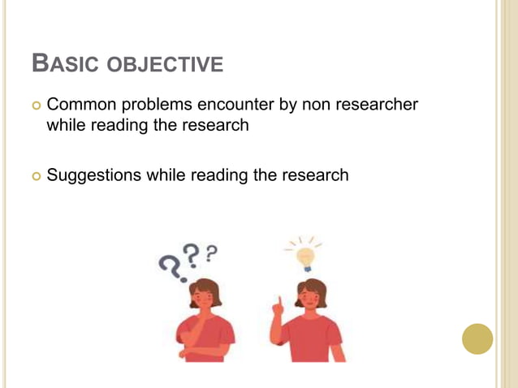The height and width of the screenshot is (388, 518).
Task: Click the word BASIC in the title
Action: [56, 63]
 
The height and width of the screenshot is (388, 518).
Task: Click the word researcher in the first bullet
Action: [377, 104]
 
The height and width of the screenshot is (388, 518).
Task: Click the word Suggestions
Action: [93, 175]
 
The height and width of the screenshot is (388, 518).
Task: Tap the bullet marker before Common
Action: [34, 105]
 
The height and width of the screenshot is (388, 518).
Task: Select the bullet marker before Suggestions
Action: [34, 175]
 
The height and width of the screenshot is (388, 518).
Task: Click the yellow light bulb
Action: [305, 257]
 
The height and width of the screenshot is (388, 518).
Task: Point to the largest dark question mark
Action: [170, 265]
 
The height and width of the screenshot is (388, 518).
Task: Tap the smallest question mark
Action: [211, 253]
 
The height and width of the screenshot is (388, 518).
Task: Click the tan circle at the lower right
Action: [477, 338]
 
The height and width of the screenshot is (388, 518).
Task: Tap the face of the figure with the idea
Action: [310, 295]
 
